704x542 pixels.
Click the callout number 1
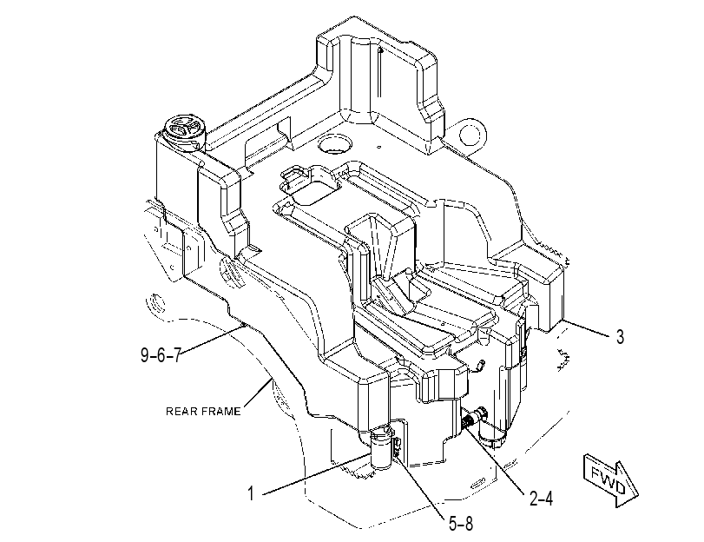pyautogui.click(x=252, y=493)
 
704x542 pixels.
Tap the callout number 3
pyautogui.click(x=620, y=337)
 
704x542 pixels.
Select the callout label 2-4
pyautogui.click(x=541, y=498)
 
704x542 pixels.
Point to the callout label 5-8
pyautogui.click(x=461, y=523)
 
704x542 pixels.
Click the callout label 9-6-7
pyautogui.click(x=161, y=355)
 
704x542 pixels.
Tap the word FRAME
pyautogui.click(x=220, y=411)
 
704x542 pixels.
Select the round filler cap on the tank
pyautogui.click(x=185, y=130)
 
